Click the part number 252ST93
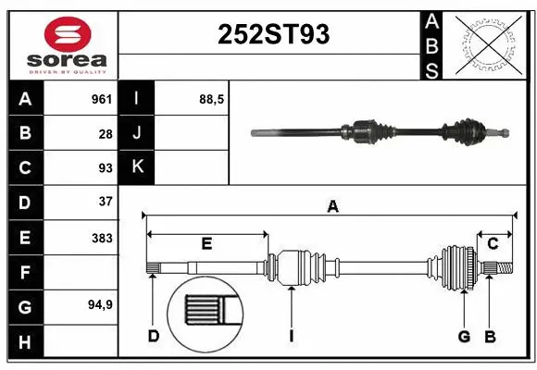pyautogui.click(x=272, y=35)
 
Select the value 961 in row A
pyautogui.click(x=101, y=98)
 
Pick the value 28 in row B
pyautogui.click(x=106, y=133)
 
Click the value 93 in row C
pyautogui.click(x=105, y=167)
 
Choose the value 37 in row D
pyautogui.click(x=105, y=201)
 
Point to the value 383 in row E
pyautogui.click(x=101, y=238)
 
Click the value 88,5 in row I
pyautogui.click(x=212, y=98)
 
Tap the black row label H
pyautogui.click(x=25, y=343)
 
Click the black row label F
pyautogui.click(x=25, y=273)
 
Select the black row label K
pyautogui.click(x=138, y=167)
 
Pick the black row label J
pyautogui.click(x=138, y=133)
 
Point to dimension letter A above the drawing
pyautogui.click(x=331, y=207)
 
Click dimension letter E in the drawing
pyautogui.click(x=206, y=244)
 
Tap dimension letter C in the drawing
pyautogui.click(x=493, y=244)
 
